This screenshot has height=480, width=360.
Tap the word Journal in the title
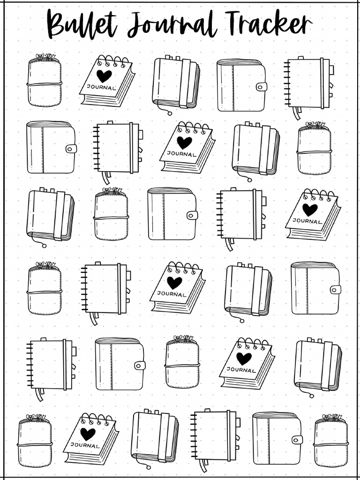pyautogui.click(x=172, y=25)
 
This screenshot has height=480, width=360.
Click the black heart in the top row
pyautogui.click(x=104, y=75)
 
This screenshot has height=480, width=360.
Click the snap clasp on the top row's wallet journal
pyautogui.click(x=261, y=87)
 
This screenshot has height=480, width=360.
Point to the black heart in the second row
pyautogui.click(x=184, y=142)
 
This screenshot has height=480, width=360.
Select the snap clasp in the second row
pyautogui.click(x=71, y=149)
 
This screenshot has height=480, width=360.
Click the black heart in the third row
pyautogui.click(x=310, y=209)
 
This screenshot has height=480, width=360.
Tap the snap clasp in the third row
pyautogui.click(x=192, y=215)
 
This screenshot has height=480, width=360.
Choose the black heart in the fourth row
pyautogui.click(x=174, y=282)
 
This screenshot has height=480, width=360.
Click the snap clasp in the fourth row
pyautogui.click(x=335, y=289)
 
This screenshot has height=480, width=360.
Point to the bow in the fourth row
pyautogui.click(x=45, y=265)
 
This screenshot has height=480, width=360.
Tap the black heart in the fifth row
pyautogui.click(x=244, y=358)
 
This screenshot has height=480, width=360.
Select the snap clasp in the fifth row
pyautogui.click(x=139, y=365)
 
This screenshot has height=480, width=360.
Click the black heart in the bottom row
pyautogui.click(x=88, y=434)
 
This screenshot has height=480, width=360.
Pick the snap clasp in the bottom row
pyautogui.click(x=297, y=439)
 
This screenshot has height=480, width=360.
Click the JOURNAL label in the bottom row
pyautogui.click(x=85, y=445)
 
